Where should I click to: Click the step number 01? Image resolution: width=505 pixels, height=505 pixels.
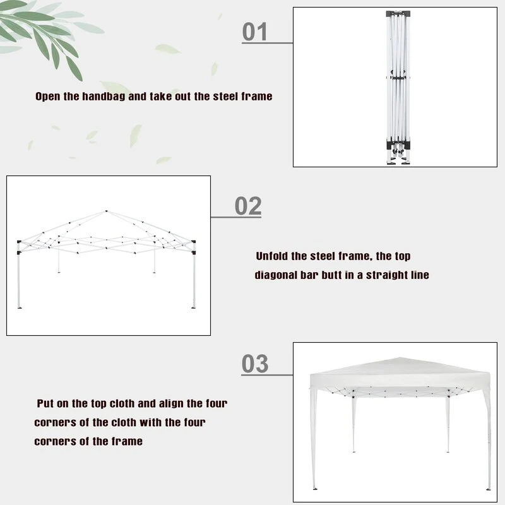coord(254,32)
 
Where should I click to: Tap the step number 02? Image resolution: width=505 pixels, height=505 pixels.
coord(248,206)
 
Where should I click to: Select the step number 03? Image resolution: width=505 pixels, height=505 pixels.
coord(255,364)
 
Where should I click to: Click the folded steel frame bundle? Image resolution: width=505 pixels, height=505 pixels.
coord(398,88)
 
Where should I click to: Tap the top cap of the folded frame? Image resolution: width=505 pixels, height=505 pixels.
coord(398,14)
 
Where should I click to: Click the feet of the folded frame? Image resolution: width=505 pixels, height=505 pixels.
coord(398,158)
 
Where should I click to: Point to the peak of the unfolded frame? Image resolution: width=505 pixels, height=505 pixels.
coord(106,211)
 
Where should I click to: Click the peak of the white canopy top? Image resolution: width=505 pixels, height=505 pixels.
coord(400,358)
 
